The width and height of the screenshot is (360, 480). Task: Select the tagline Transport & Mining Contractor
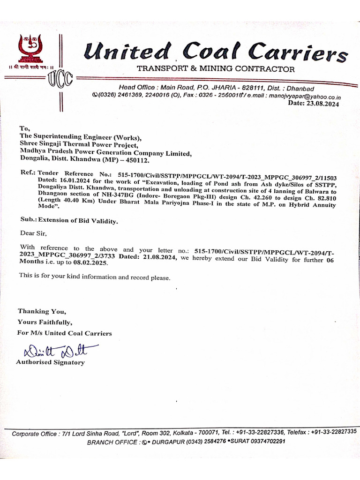click(216, 69)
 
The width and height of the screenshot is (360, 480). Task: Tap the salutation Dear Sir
click(33, 233)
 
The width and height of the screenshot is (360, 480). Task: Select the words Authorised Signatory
click(50, 362)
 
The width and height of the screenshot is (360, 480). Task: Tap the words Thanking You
click(42, 311)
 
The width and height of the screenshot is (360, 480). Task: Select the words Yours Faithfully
click(45, 322)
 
